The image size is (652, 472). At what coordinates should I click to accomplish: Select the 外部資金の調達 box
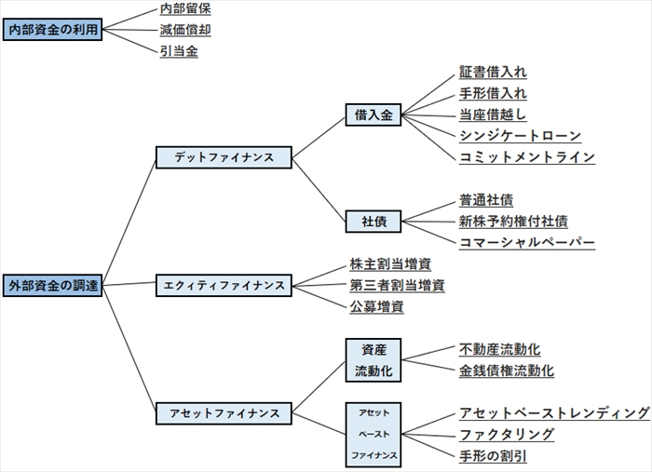[50, 285]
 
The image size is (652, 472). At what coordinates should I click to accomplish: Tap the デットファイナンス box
[224, 157]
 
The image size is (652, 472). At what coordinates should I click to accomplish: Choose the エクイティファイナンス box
[224, 285]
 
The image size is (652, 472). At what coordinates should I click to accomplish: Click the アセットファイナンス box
[224, 412]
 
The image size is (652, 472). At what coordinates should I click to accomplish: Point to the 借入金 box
[374, 115]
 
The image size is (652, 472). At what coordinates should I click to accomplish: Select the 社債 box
[374, 222]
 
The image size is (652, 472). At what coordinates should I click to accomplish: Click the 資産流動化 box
[374, 360]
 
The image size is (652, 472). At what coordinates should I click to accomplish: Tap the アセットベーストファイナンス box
[374, 434]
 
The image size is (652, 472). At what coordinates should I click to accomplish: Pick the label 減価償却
[185, 30]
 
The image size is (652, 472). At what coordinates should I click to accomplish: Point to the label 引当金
[179, 51]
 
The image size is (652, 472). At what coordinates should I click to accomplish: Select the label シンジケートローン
[520, 136]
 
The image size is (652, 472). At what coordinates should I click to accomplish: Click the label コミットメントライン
[526, 157]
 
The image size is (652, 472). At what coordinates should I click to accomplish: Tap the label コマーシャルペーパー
[526, 243]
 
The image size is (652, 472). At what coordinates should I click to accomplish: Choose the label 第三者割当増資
[397, 285]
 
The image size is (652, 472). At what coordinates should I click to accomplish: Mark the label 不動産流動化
[499, 349]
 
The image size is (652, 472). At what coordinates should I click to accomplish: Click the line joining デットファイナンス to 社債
[319, 189]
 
